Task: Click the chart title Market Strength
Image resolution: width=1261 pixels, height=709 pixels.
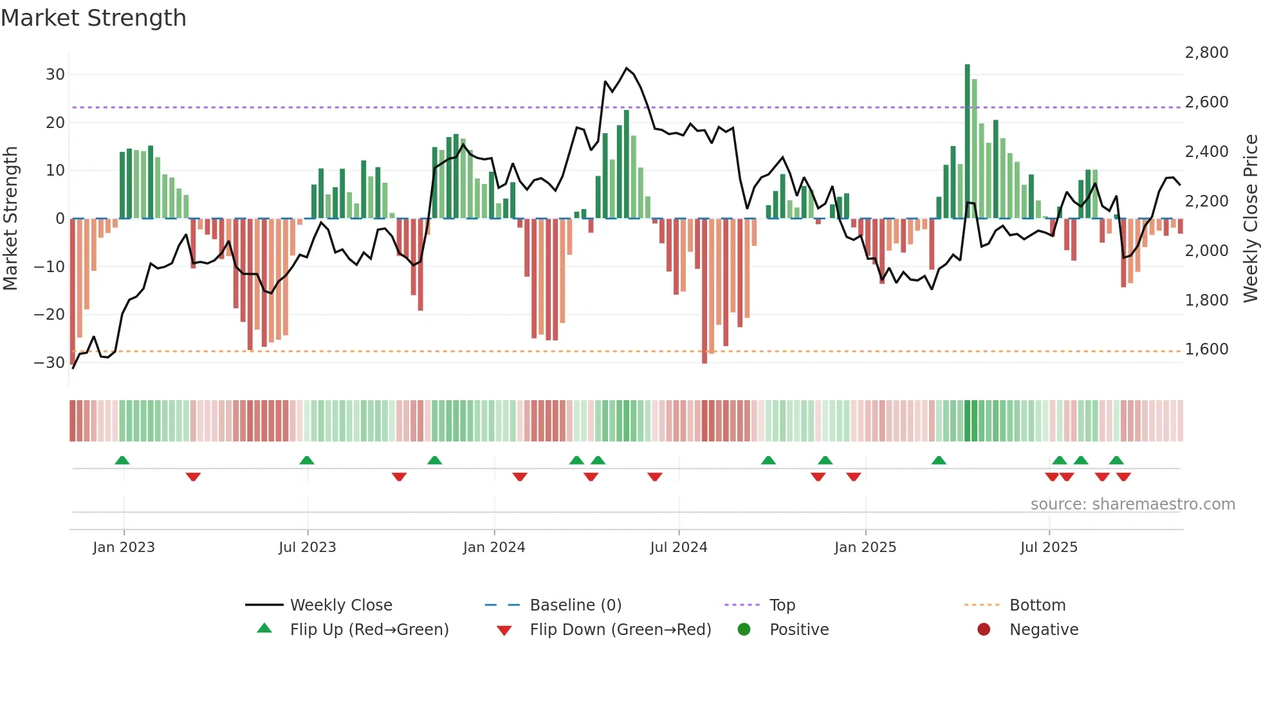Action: tap(93, 18)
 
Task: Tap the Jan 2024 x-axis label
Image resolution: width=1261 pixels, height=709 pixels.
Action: tap(493, 547)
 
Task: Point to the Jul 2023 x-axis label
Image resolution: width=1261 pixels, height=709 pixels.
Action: tap(307, 547)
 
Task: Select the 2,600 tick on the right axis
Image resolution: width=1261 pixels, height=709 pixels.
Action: tap(1206, 102)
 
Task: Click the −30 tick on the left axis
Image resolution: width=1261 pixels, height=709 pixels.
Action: tap(50, 362)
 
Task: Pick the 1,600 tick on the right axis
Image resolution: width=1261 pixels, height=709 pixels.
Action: tap(1206, 349)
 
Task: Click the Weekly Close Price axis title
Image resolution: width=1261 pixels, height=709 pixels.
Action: tap(1250, 219)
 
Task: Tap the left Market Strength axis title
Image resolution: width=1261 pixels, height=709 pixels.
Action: tap(10, 219)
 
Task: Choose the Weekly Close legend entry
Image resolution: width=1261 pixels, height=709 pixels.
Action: tap(340, 605)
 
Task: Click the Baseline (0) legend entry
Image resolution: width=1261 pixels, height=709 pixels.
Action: tap(575, 605)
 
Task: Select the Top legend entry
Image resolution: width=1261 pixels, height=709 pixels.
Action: tap(782, 605)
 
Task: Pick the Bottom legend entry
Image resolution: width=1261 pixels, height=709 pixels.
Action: tap(1037, 605)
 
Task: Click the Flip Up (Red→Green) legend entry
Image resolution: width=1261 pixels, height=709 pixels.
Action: tap(369, 629)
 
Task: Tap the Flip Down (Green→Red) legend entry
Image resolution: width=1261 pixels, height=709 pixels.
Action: tap(620, 629)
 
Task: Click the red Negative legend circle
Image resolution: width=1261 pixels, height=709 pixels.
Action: tap(984, 629)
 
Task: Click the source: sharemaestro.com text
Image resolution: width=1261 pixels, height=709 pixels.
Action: tap(1132, 504)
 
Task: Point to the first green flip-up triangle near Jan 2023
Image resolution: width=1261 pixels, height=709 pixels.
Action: tap(122, 460)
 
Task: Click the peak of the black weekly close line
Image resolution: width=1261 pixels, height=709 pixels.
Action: tap(627, 68)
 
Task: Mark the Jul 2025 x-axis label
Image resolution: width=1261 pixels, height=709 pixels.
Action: tap(1048, 547)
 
